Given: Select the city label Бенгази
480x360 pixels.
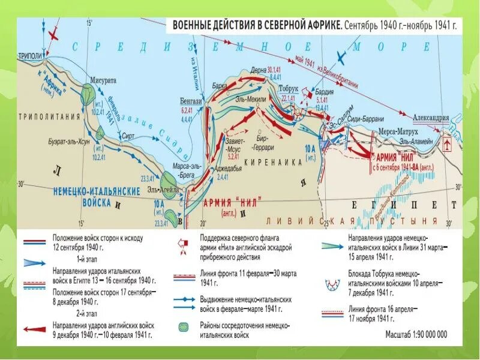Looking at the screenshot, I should [190, 100].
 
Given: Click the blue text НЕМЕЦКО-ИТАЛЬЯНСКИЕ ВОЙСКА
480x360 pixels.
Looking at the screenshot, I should [89, 196].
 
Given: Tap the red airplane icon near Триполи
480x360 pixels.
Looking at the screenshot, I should [55, 32].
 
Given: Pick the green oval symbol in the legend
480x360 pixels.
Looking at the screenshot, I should [182, 326].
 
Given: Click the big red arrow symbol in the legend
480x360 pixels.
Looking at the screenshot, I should [34, 329].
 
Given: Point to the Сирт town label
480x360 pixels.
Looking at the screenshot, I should [128, 136].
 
